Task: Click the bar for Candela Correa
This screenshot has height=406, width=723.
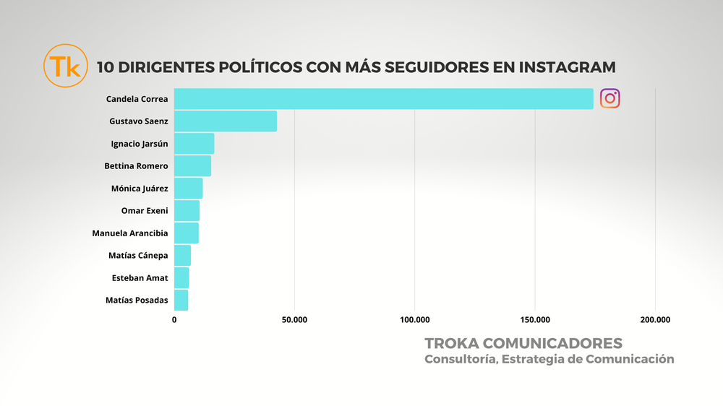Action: [x=383, y=99]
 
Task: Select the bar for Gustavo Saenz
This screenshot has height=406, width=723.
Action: [x=225, y=121]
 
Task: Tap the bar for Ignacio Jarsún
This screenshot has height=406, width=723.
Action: [x=194, y=144]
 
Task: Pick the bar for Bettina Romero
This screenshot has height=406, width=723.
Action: [x=192, y=166]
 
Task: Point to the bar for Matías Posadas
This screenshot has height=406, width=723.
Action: [x=181, y=300]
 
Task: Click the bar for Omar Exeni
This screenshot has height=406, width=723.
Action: [x=187, y=211]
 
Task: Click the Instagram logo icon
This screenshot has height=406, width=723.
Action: [x=610, y=99]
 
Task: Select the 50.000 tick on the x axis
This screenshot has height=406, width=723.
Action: [x=294, y=319]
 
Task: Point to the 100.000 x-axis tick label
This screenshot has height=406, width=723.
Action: [x=414, y=319]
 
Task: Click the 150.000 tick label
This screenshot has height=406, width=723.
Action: [x=535, y=319]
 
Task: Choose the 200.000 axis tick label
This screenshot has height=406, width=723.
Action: [x=655, y=319]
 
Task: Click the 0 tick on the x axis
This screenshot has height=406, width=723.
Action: [x=174, y=319]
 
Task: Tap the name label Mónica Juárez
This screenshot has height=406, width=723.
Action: [x=140, y=189]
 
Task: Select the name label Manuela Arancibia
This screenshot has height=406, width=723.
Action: [x=130, y=233]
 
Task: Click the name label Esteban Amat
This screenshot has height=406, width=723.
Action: [x=140, y=277]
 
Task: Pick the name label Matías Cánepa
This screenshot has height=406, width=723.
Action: [x=137, y=256]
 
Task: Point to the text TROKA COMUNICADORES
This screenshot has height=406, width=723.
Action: [x=523, y=342]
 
